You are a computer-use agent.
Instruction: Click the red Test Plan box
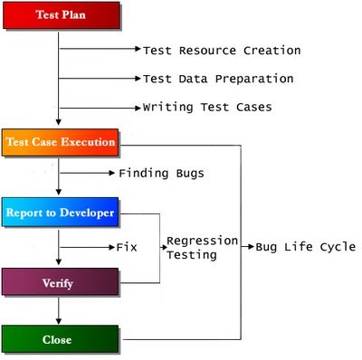[x=61, y=15]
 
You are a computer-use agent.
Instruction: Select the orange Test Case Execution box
[x=61, y=142]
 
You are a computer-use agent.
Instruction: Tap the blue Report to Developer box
[x=61, y=213]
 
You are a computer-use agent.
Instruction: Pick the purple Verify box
[x=61, y=283]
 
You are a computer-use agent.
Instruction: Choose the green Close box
[x=61, y=341]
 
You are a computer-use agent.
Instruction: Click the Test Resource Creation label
[x=222, y=51]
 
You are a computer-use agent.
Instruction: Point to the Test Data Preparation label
[x=218, y=79]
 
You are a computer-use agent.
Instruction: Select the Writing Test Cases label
[x=207, y=107]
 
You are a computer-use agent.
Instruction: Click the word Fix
[x=127, y=245]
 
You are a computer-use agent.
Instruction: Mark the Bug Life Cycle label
[x=306, y=246]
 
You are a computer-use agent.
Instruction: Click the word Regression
[x=202, y=242]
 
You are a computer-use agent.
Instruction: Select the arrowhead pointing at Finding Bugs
[x=112, y=172]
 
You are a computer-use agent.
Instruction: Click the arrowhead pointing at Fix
[x=111, y=245]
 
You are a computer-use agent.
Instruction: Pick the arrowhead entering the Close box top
[x=59, y=323]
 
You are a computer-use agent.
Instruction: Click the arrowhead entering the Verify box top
[x=59, y=264]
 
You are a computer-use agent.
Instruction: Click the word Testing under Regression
[x=192, y=256]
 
